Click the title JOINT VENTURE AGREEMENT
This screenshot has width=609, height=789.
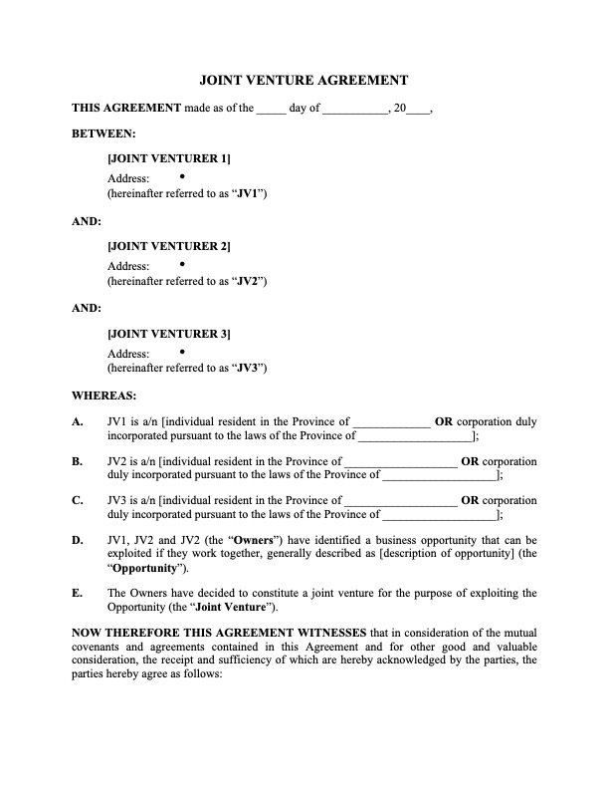tap(304, 80)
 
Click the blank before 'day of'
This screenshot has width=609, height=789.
tap(271, 110)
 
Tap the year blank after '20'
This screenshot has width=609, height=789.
tap(419, 110)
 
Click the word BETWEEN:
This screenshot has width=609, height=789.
tap(103, 132)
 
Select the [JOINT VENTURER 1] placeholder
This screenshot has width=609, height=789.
tap(168, 158)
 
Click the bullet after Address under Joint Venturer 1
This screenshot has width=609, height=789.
tap(183, 175)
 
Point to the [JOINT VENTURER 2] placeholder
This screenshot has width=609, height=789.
tap(168, 246)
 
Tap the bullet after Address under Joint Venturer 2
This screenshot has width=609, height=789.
tap(183, 263)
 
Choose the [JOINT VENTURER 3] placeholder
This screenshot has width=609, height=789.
tap(168, 334)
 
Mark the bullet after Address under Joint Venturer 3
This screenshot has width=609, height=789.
tap(183, 351)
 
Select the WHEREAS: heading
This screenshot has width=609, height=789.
tap(102, 395)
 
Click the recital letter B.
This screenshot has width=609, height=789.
tap(77, 461)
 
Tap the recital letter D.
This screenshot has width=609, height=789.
tap(77, 541)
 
